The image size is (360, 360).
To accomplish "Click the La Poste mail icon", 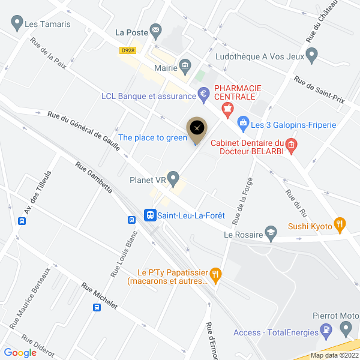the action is [157, 29].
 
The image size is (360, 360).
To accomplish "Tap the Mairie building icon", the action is [185, 65].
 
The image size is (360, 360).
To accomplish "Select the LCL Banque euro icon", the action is [203, 94].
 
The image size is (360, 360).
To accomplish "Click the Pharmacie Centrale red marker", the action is [227, 109].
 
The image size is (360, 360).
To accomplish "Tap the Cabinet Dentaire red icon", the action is [290, 144].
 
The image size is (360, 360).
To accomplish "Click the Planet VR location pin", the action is [173, 178].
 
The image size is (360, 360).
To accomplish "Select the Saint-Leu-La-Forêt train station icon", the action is [150, 214].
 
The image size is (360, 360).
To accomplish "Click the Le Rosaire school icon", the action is [272, 235].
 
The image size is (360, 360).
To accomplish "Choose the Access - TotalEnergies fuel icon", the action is [326, 329].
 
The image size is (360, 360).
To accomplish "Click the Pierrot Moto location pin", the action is [346, 328].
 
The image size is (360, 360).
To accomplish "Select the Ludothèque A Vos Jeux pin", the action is [311, 56].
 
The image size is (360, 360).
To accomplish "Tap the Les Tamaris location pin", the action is [16, 25].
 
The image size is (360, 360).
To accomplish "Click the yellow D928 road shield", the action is [127, 50].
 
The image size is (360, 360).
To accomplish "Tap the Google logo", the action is [20, 353].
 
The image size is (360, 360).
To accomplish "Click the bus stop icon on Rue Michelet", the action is [97, 308].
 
